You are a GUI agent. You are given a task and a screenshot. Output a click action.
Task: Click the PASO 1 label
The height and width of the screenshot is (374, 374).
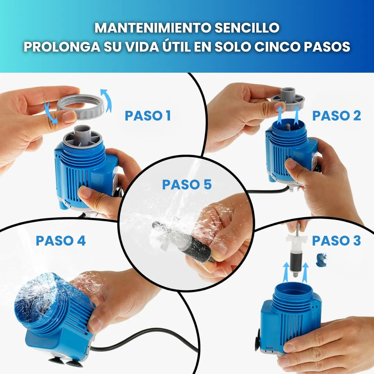[148, 116]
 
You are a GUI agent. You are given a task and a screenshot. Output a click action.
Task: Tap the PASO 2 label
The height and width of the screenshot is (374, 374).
[336, 116]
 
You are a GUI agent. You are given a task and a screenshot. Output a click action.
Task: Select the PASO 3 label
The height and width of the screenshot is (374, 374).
[336, 241]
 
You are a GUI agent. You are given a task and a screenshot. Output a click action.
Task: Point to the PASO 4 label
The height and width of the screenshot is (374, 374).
[61, 241]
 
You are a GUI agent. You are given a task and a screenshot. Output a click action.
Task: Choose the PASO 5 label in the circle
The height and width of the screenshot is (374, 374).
[187, 185]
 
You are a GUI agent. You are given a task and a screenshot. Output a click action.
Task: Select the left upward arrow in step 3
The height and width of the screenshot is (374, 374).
[286, 272]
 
